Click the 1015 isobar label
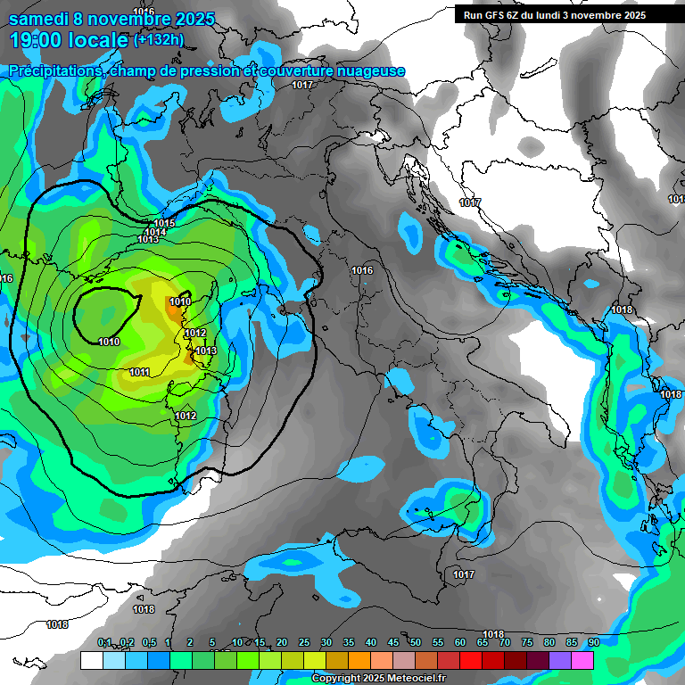tap(164, 223)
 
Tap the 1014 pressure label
tap(155, 232)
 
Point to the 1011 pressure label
tap(139, 372)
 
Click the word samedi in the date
tap(41, 18)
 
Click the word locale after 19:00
tap(95, 40)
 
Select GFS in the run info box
tap(498, 15)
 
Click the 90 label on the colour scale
tap(593, 642)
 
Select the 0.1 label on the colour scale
tap(104, 642)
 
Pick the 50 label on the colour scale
tap(416, 642)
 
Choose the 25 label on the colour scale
tap(304, 642)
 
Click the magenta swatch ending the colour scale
tap(582, 660)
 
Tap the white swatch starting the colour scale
tap(91, 660)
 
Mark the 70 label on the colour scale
tap(504, 642)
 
